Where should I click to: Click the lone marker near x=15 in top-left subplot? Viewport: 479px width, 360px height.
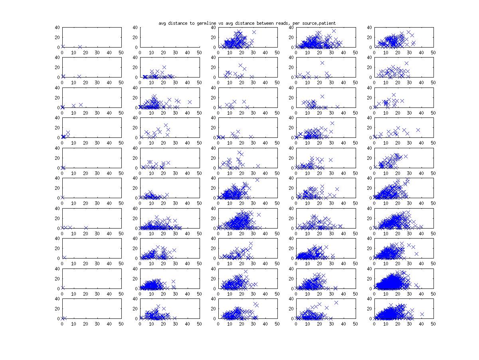pos(80,47)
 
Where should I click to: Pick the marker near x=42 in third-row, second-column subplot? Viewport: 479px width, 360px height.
pos(190,102)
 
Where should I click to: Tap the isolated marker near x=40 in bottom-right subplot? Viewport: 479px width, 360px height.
pos(422,314)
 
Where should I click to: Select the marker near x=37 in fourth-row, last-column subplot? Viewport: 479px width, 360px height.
pos(418,130)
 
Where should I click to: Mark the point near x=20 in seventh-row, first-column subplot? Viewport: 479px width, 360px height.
pos(86,228)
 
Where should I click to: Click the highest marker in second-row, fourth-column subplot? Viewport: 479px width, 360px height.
pos(322,63)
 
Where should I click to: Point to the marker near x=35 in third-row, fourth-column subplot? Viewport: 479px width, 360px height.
pos(337,107)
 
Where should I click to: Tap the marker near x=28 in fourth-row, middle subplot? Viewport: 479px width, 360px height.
pos(251,137)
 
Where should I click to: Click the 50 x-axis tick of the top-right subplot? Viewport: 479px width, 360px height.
pos(433,52)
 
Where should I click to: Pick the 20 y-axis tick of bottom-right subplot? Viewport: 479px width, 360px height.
pos(369,308)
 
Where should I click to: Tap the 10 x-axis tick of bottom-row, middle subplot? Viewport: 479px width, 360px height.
pos(230,324)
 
